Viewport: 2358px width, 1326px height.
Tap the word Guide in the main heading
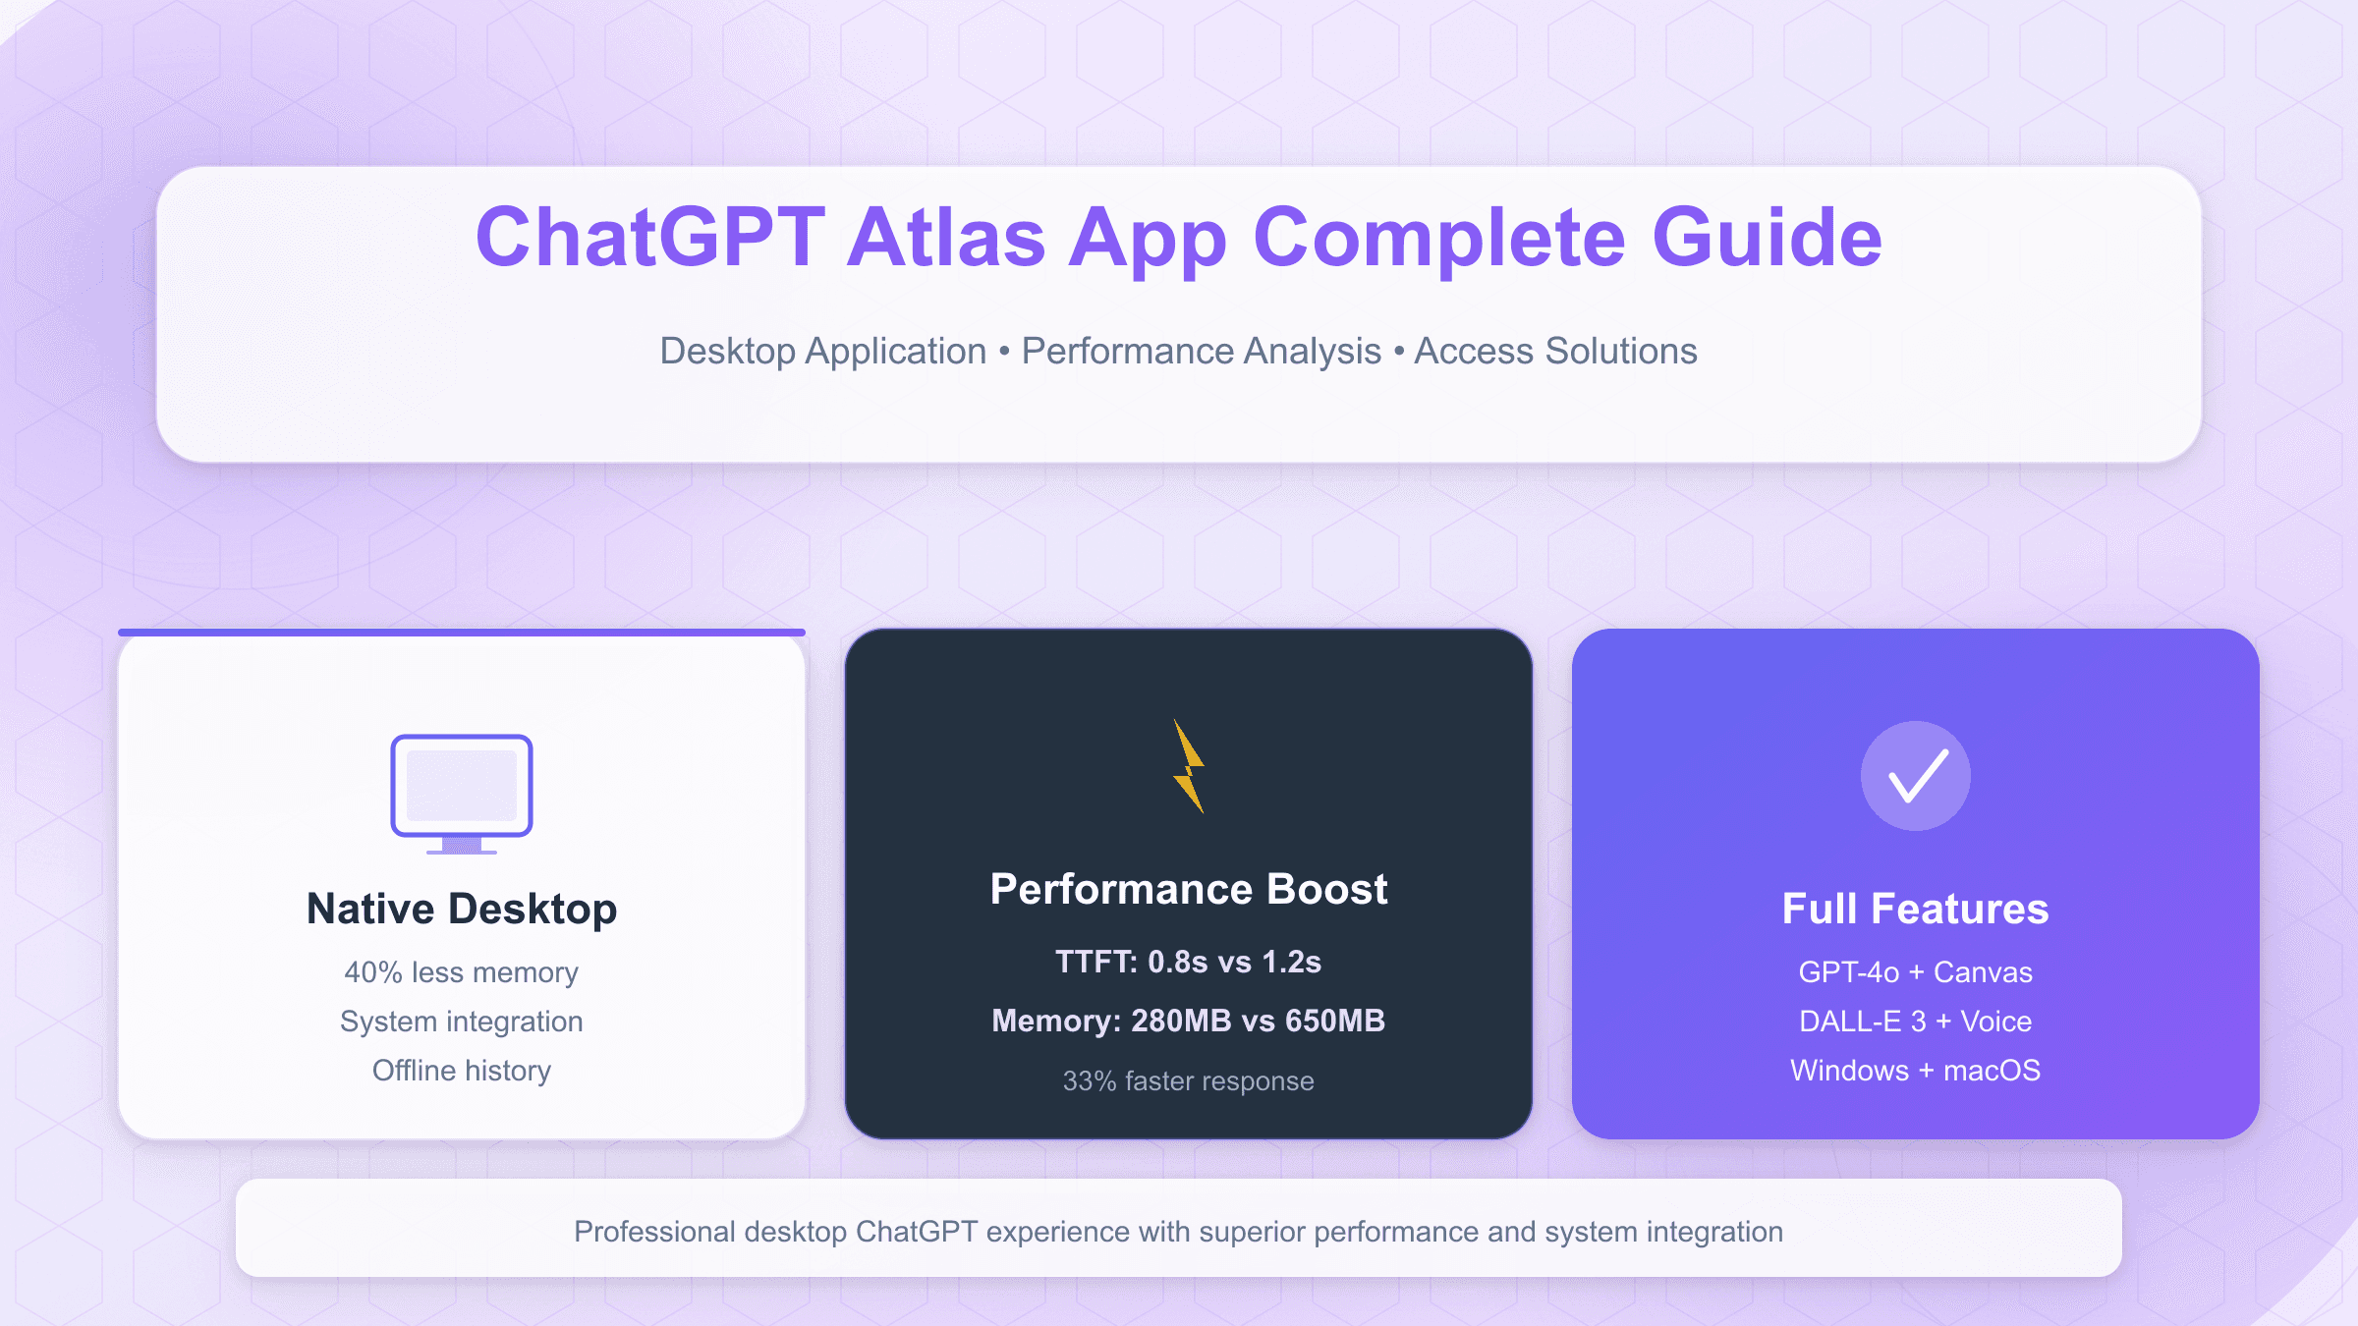pos(1767,238)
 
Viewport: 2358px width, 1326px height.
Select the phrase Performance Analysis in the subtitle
pos(1201,352)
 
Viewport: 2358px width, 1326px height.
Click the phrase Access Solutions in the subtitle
pos(1555,352)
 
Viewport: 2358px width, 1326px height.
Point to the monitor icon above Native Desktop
pos(462,792)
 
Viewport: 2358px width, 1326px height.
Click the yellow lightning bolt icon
pos(1189,767)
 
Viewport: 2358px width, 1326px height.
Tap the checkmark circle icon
pos(1915,776)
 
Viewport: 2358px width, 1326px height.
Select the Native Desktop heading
pos(462,909)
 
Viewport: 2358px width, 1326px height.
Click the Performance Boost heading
pos(1189,889)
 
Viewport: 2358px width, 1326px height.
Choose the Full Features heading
pos(1915,909)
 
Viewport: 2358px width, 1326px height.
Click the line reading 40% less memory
pos(462,972)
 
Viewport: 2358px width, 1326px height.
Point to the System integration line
pos(462,1022)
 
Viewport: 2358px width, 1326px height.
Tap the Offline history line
pos(462,1071)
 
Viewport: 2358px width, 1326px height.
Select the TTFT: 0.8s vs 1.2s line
pos(1189,962)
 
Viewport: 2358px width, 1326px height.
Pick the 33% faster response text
pos(1189,1081)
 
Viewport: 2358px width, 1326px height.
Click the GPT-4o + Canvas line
pos(1915,972)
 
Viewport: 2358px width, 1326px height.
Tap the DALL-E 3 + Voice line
pos(1915,1022)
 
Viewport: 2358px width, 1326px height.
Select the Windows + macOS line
pos(1915,1071)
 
